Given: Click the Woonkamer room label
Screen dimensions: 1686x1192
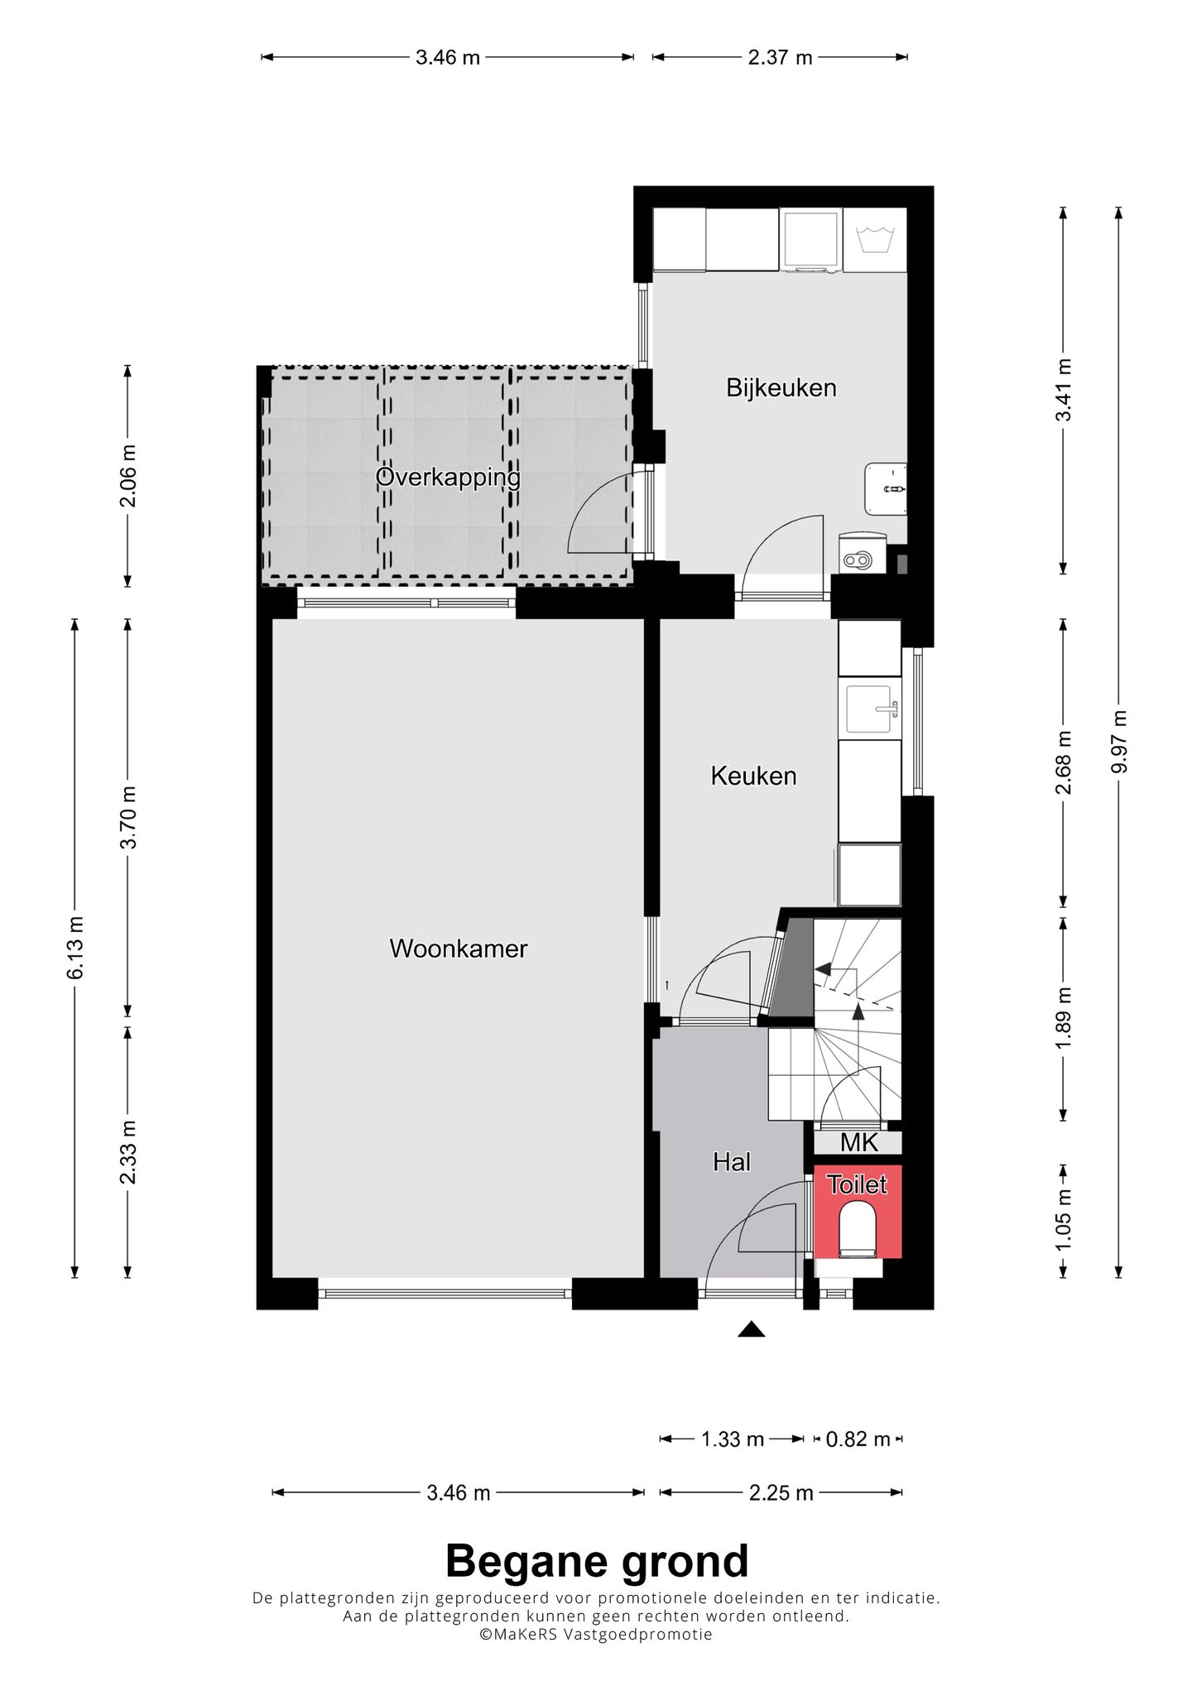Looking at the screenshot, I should point(458,949).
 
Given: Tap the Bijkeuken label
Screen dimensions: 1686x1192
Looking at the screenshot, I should point(781,387).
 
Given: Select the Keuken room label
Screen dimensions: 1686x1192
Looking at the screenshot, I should point(753,776).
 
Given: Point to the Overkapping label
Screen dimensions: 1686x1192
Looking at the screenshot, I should point(448,478).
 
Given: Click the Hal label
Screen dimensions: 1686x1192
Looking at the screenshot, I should point(731,1162).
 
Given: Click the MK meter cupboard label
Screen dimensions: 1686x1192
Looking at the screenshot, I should point(858,1143).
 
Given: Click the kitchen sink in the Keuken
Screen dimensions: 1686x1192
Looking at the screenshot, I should point(869,709).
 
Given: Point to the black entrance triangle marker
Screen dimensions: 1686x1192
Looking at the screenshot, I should point(751,1329).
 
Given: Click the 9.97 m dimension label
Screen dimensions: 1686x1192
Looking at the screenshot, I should point(1118,742).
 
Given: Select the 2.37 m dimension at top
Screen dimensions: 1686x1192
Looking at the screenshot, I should point(780,57).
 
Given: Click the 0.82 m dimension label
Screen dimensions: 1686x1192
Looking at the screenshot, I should point(858,1439).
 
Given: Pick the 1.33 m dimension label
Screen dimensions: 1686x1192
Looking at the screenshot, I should point(732,1439).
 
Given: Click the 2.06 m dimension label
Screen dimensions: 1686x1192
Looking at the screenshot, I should point(127,476).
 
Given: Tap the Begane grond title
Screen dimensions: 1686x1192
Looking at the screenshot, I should point(596,1561).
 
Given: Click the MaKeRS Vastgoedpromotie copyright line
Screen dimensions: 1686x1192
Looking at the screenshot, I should point(596,1634).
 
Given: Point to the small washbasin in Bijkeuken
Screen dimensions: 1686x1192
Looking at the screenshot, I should point(886,489).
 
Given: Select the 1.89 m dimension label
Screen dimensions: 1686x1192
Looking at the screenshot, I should point(1064,1018).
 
